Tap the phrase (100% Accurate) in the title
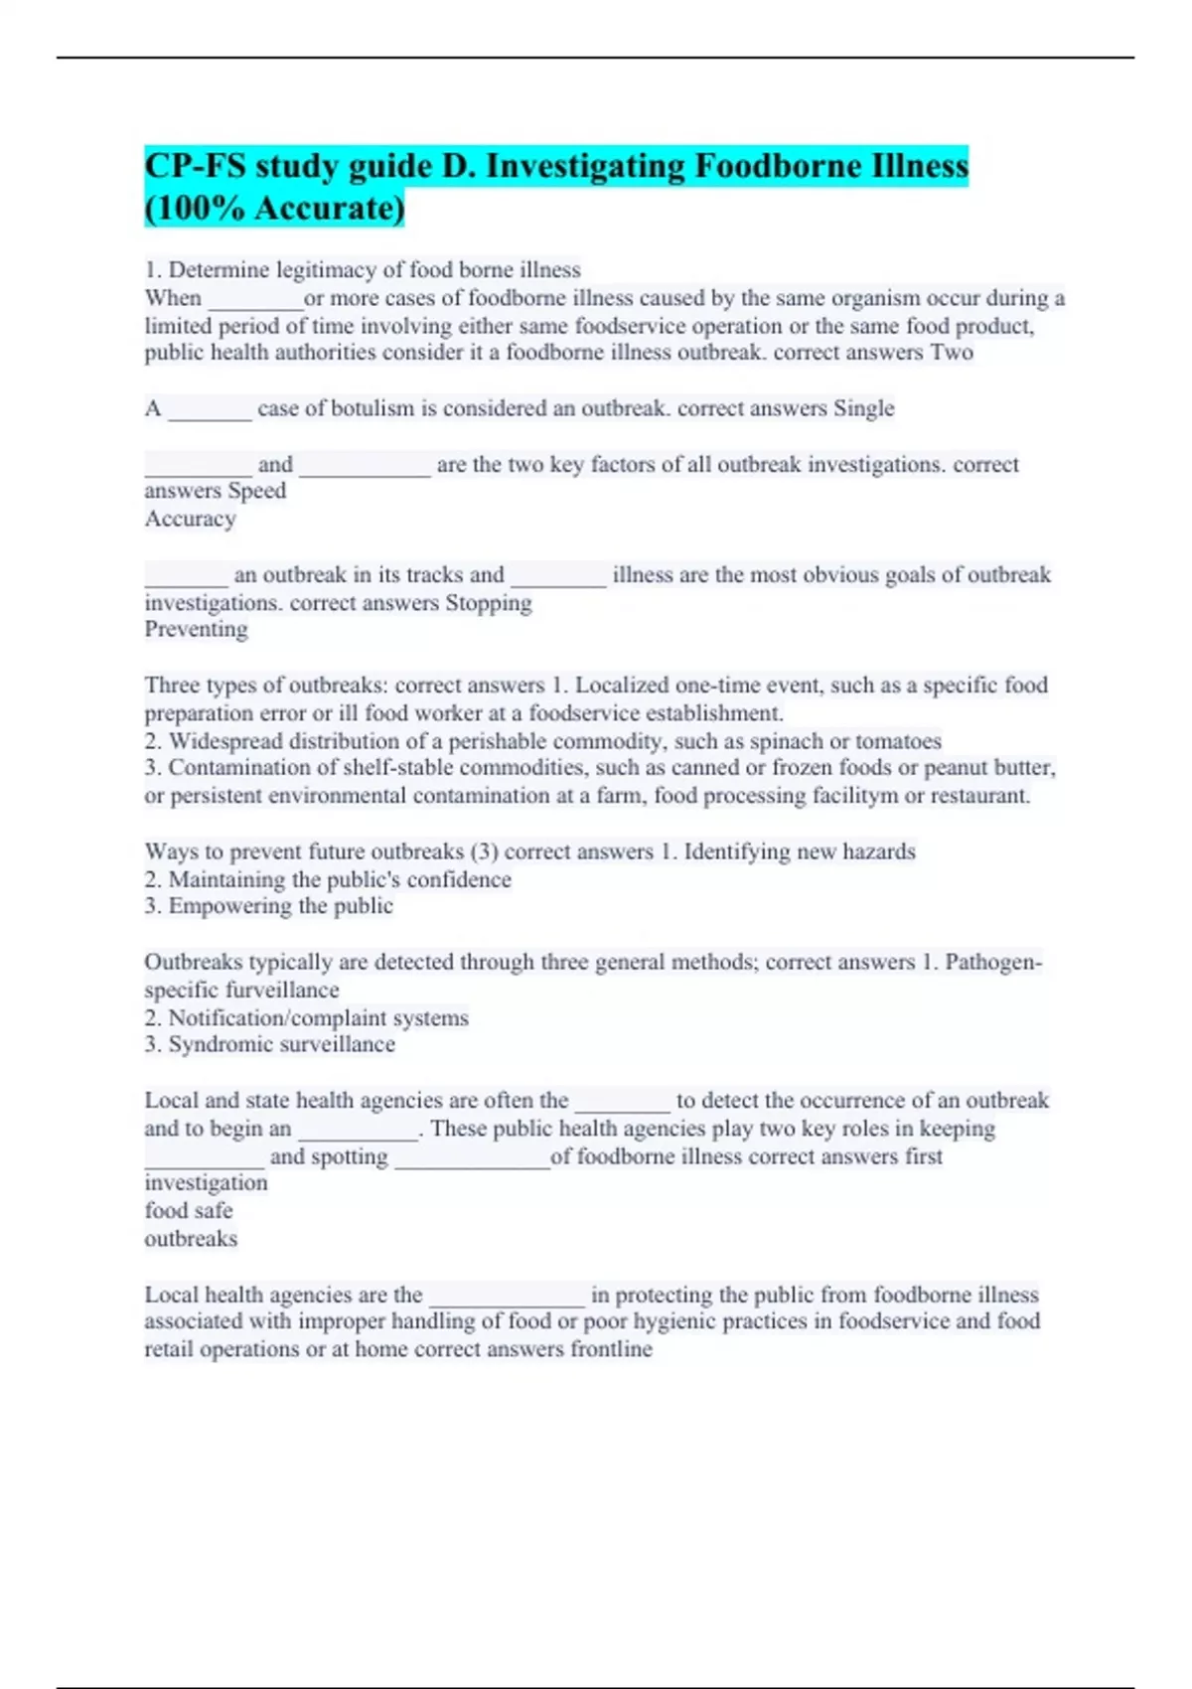coord(274,209)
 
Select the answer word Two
coord(952,353)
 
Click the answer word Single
coord(863,408)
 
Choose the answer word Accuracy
coord(190,519)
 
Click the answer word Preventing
coord(196,629)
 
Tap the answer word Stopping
coord(488,603)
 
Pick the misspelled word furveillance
coord(282,991)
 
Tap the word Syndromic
coord(221,1044)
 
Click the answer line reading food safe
coord(189,1211)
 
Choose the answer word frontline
coord(611,1349)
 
